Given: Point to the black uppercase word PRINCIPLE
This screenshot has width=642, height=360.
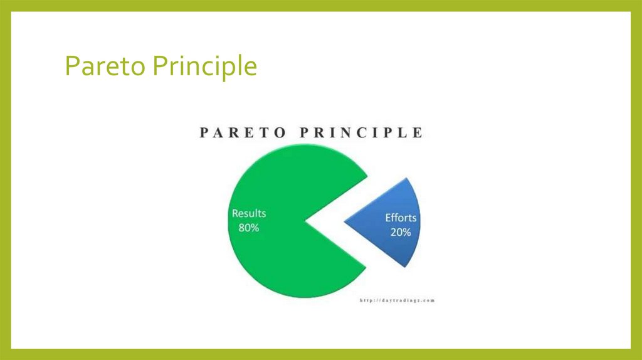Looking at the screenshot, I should pos(364,133).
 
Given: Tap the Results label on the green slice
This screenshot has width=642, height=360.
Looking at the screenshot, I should pos(249,213).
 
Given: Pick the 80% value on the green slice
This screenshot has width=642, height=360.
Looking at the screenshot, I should pos(249,227).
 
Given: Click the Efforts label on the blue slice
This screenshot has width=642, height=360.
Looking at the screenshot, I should pos(401,218).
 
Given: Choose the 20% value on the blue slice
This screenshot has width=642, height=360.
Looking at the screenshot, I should pos(401,232).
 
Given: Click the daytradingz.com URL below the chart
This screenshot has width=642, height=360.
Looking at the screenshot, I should pos(397,300).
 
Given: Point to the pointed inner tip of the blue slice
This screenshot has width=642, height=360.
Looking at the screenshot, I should pos(345,221).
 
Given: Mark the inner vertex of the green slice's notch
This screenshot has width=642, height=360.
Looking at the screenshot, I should pos(305,221).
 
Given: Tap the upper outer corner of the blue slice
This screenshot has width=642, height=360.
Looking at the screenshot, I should pos(408,178).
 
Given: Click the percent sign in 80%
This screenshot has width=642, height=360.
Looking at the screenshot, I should pos(255,227).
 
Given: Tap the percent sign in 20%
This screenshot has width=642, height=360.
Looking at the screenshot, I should pos(406,232).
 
